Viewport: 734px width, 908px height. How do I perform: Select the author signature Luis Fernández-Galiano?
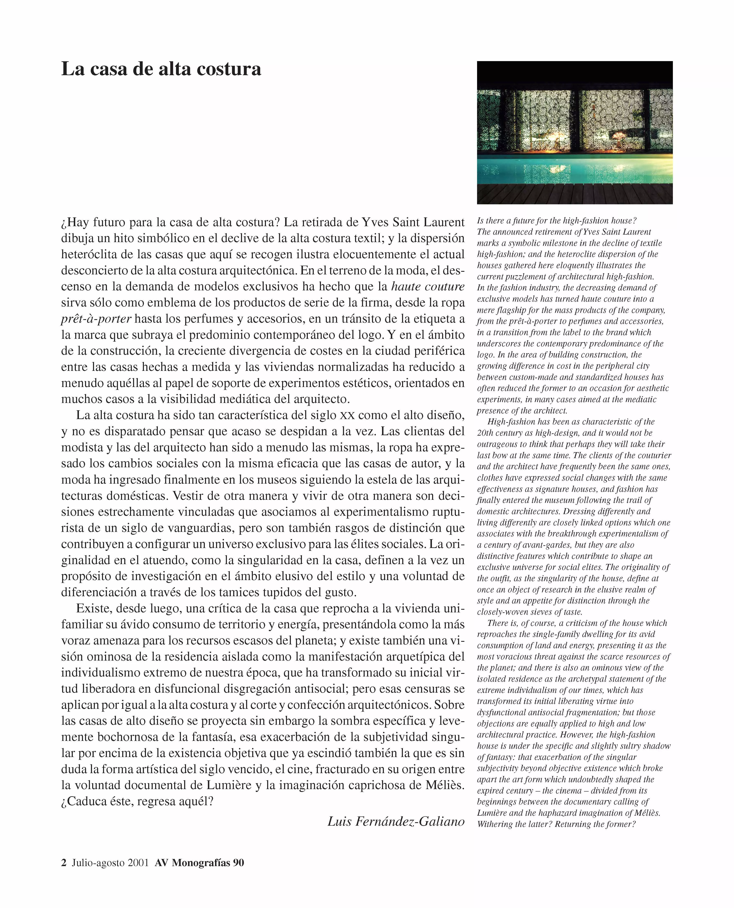pyautogui.click(x=396, y=821)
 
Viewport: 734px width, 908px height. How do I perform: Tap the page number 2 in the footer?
pyautogui.click(x=64, y=863)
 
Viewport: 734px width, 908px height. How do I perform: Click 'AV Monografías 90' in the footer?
pyautogui.click(x=199, y=863)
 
